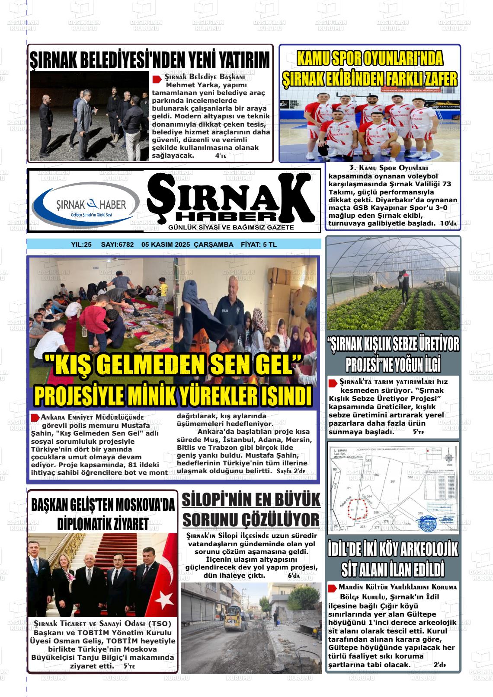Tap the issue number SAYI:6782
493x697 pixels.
tap(117, 245)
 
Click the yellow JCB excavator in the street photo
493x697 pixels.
tap(233, 620)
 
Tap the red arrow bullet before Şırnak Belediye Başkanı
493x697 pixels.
tap(156, 79)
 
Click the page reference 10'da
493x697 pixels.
tap(448, 223)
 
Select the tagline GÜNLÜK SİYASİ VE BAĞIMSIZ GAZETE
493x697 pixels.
tap(231, 227)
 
